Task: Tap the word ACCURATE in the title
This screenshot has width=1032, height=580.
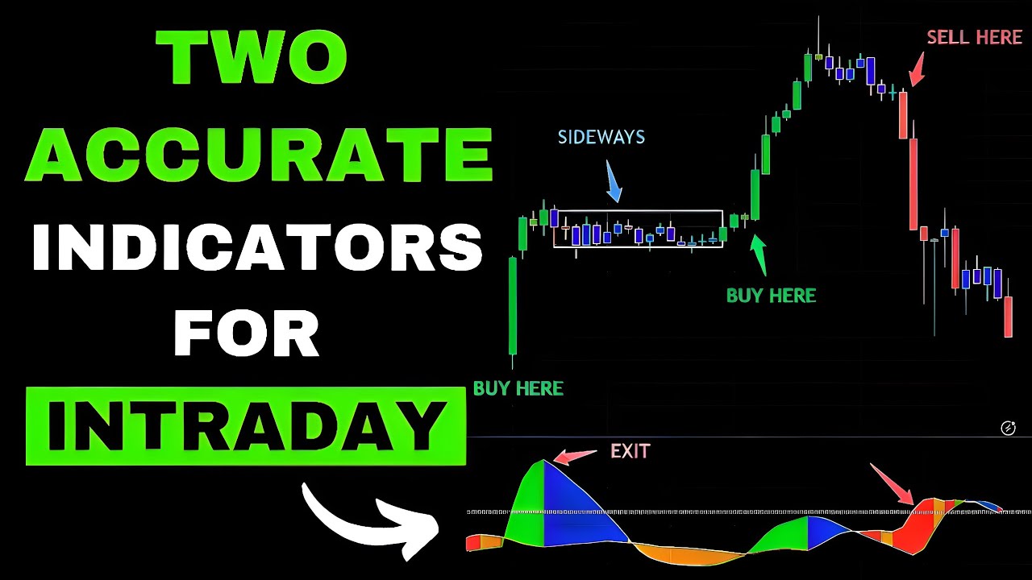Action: (x=258, y=153)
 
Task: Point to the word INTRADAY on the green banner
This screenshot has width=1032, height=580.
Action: (x=246, y=425)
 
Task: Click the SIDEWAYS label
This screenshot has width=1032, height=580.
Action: (x=601, y=137)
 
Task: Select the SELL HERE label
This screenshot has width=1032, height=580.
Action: (x=974, y=37)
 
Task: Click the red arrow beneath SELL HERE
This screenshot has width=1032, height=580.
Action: (x=917, y=70)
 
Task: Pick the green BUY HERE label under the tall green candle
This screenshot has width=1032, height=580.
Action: (x=518, y=388)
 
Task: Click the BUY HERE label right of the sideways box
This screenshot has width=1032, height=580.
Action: (x=771, y=296)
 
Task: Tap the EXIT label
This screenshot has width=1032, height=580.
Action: (x=630, y=451)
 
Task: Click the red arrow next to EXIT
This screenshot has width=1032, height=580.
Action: (x=576, y=456)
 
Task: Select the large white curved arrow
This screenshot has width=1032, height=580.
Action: (x=367, y=520)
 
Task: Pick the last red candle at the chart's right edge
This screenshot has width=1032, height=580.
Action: (x=1008, y=317)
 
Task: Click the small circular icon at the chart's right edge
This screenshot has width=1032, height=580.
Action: (x=1008, y=428)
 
